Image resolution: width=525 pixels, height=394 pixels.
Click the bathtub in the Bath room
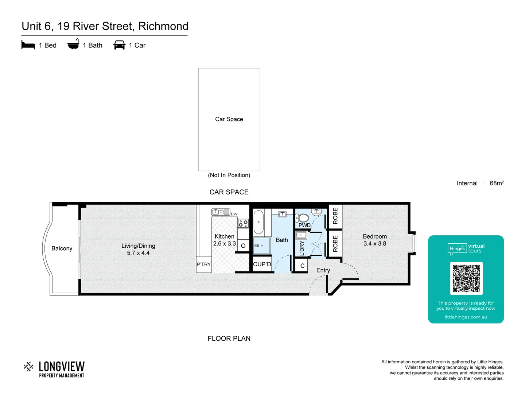(258, 222)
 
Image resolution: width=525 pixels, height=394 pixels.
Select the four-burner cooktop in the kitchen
(243, 223)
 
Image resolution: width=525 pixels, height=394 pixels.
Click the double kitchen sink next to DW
(221, 212)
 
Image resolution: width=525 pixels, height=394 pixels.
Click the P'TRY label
(204, 264)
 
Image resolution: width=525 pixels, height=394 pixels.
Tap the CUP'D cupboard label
(262, 264)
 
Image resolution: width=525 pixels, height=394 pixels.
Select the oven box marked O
(243, 246)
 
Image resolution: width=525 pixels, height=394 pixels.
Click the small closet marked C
(302, 266)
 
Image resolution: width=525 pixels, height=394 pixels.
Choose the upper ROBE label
(335, 216)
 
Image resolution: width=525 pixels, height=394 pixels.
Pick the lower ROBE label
(335, 244)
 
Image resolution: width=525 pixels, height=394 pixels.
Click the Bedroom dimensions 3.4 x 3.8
(374, 244)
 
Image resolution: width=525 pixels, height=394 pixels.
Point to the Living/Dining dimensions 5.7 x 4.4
(138, 253)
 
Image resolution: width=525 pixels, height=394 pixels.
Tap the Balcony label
(62, 248)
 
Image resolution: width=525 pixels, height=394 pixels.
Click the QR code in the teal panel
(466, 278)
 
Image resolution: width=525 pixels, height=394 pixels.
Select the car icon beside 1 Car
(120, 45)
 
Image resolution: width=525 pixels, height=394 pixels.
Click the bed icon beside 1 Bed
(28, 45)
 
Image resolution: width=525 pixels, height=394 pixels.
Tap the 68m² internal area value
(497, 183)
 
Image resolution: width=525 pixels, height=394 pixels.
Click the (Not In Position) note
(229, 175)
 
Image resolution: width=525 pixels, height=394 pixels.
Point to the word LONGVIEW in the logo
(62, 366)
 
